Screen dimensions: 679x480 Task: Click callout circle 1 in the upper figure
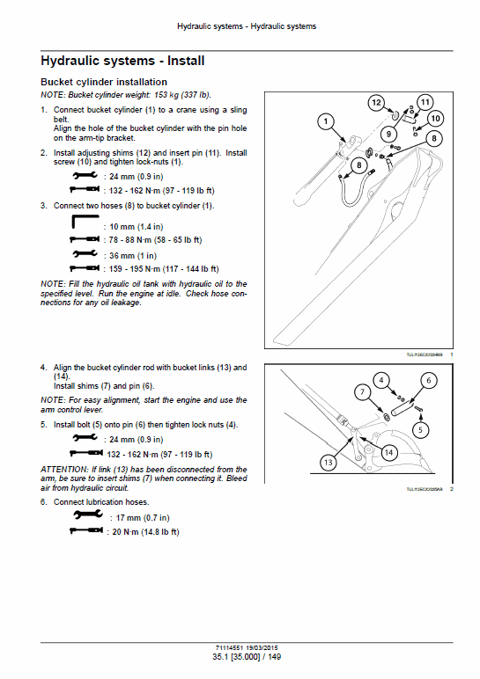325,120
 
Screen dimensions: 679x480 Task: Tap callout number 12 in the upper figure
376,104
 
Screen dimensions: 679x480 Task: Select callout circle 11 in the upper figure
425,101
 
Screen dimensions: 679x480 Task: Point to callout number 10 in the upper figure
436,118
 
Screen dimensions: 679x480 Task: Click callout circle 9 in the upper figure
388,134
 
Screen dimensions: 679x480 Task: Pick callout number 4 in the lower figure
380,380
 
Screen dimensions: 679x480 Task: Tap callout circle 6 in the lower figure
428,380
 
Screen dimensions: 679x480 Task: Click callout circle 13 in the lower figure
329,461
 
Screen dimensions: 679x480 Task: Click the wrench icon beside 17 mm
85,517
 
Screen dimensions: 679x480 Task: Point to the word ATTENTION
65,469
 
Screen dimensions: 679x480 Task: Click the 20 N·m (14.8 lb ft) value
144,531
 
